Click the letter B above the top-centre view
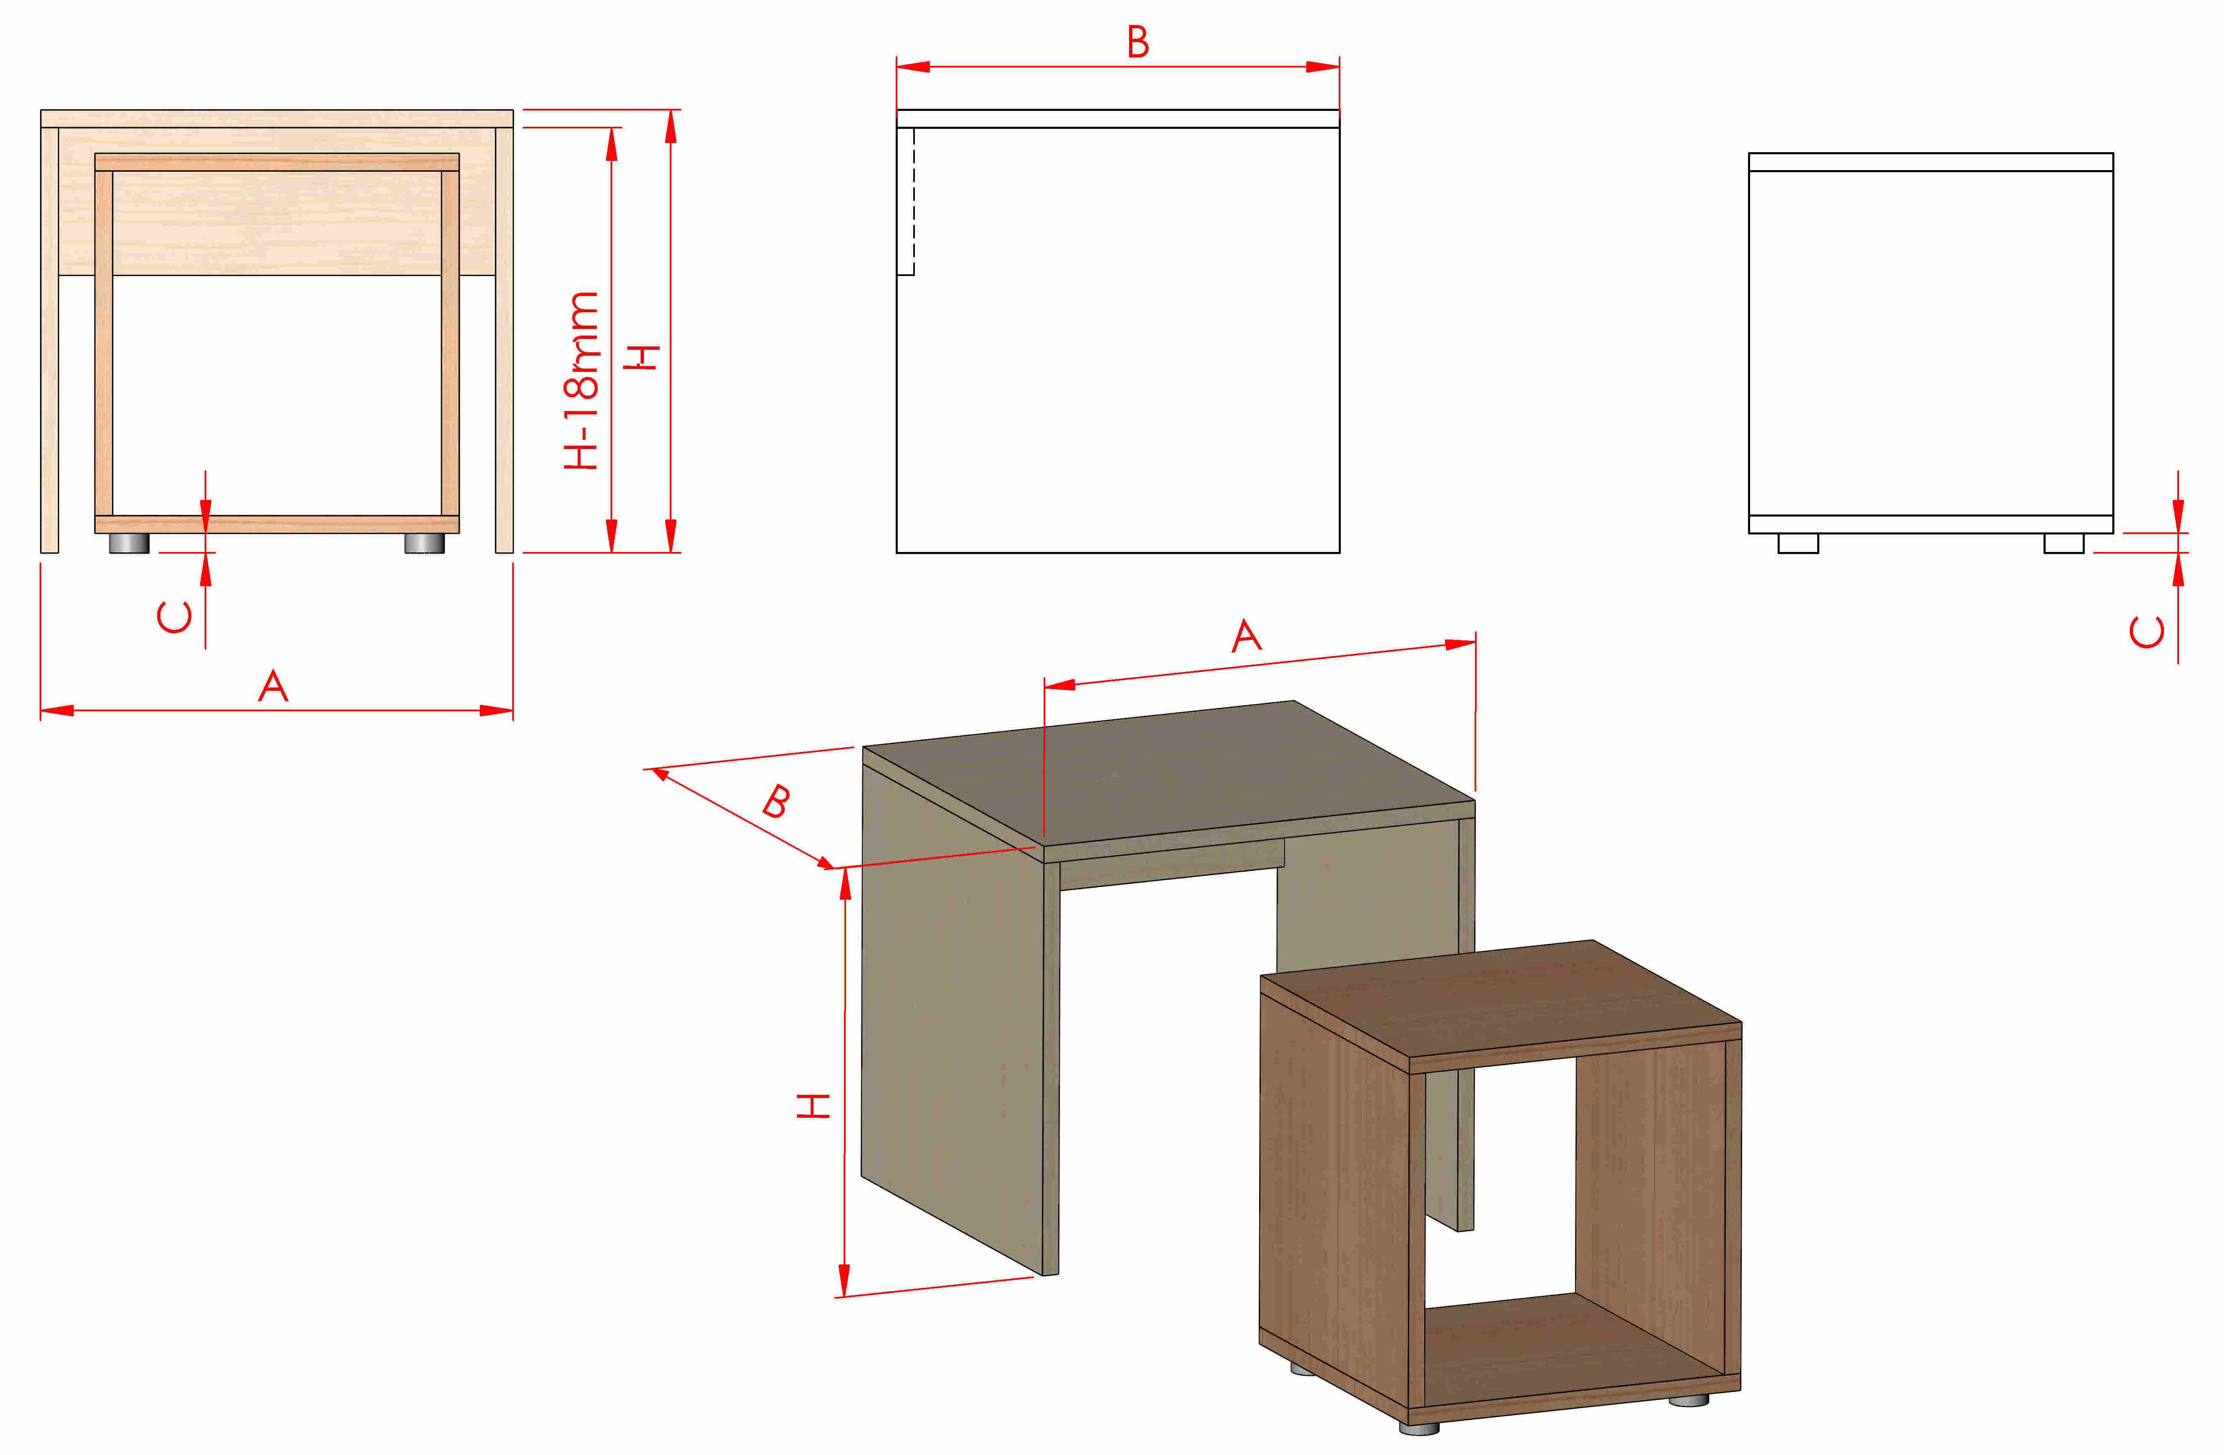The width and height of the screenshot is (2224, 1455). click(1137, 42)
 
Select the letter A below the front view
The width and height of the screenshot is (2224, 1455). click(273, 686)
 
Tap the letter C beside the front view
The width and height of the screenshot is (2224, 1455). click(175, 617)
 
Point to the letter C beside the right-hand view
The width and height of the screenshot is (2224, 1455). click(2146, 632)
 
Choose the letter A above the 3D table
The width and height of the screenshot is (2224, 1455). click(1247, 636)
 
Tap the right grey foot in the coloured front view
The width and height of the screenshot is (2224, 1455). click(424, 543)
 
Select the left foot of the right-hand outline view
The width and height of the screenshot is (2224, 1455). click(1798, 543)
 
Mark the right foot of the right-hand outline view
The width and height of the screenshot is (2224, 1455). click(2063, 543)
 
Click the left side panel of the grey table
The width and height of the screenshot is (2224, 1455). click(951, 1018)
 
